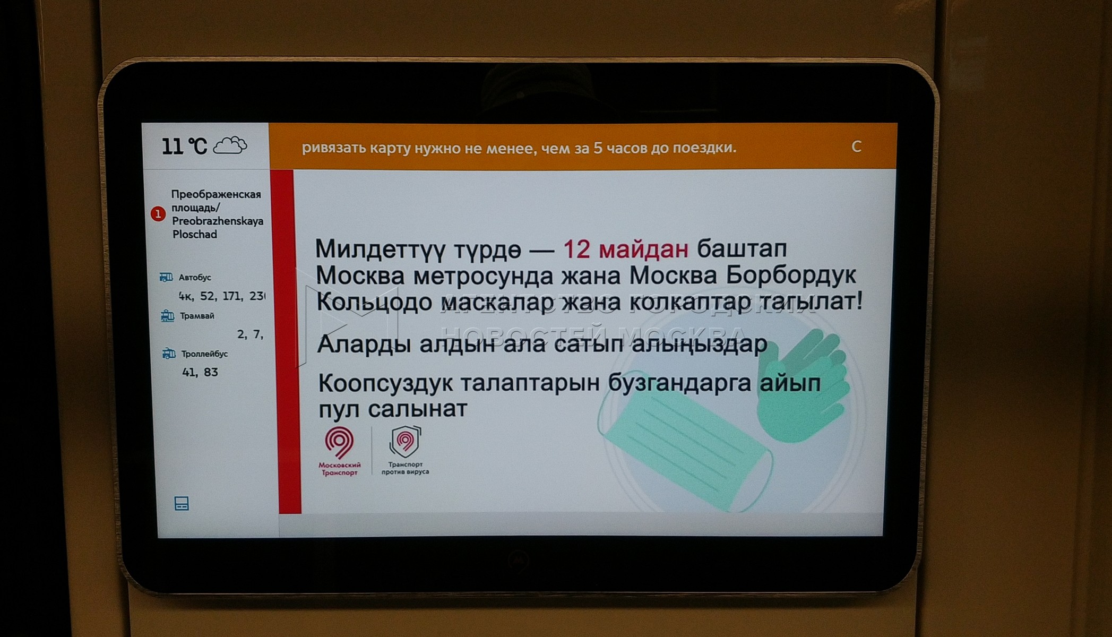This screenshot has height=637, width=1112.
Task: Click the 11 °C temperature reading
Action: [x=184, y=146]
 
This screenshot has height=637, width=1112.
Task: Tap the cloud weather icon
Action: [x=230, y=145]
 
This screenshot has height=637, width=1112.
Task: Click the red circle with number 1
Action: [x=158, y=214]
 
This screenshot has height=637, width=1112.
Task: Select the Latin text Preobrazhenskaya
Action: [x=218, y=221]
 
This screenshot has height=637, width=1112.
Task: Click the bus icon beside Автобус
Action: [x=166, y=277]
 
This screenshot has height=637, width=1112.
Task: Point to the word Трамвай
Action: [x=197, y=316]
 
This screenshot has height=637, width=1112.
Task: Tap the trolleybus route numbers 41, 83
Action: [x=200, y=372]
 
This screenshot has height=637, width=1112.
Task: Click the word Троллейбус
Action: [x=204, y=354]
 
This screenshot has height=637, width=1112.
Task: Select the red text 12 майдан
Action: [x=625, y=248]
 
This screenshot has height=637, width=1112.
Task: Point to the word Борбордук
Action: [x=791, y=275]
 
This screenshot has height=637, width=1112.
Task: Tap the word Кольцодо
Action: [x=374, y=302]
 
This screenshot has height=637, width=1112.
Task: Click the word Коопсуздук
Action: [x=386, y=383]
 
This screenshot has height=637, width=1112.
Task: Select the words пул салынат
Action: [x=393, y=409]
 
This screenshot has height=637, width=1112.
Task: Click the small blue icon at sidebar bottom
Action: [x=182, y=504]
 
